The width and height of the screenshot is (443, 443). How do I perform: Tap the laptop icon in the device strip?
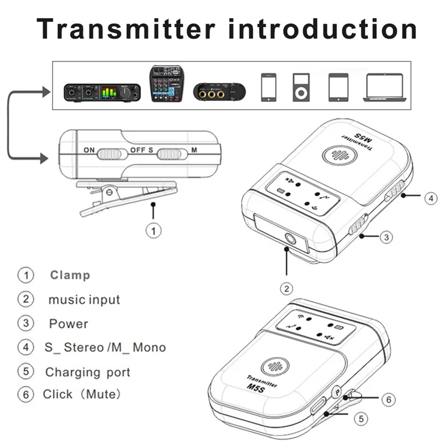384,87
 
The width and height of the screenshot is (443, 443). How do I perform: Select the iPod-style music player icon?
300,87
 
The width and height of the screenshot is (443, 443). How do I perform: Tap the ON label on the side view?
89,150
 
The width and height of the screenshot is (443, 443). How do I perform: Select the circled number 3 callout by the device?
387,236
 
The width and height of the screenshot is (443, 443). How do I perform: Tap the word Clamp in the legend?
70,275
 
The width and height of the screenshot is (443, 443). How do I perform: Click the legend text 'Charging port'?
87,372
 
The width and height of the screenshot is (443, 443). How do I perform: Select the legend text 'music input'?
84,300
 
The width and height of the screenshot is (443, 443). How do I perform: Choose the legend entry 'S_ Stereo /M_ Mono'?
105,348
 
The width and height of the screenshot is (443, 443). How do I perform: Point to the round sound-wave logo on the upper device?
337,153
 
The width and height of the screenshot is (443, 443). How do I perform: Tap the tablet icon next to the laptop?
338,87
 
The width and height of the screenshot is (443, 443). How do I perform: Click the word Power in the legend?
69,323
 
